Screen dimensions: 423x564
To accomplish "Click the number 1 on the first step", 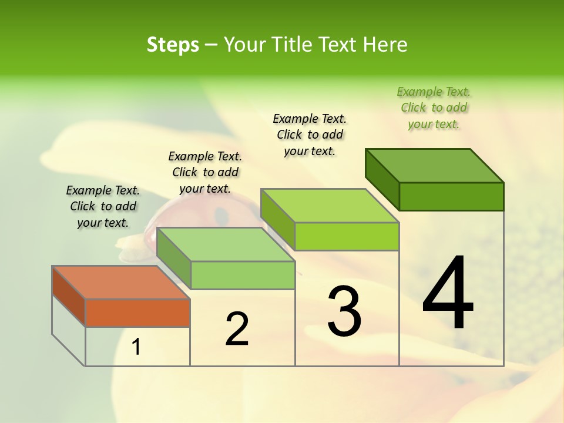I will [x=136, y=347].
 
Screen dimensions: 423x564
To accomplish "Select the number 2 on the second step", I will [x=237, y=329].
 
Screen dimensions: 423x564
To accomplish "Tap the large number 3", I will [x=344, y=311].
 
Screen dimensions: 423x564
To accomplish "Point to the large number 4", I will [x=448, y=294].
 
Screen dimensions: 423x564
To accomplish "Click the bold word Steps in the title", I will [x=173, y=45].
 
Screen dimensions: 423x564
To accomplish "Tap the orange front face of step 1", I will [x=137, y=313].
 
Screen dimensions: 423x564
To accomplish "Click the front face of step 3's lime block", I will [x=347, y=236].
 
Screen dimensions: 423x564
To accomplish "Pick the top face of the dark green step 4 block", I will [x=434, y=165].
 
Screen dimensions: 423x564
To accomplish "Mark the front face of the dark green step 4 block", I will [x=451, y=196].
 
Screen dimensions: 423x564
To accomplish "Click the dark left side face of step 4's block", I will [x=382, y=176].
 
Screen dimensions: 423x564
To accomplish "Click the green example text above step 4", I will [x=434, y=108].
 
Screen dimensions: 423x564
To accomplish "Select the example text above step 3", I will [x=310, y=135].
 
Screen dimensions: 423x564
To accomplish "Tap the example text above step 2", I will [x=205, y=172].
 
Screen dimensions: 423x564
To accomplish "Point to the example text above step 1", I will [x=103, y=206].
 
